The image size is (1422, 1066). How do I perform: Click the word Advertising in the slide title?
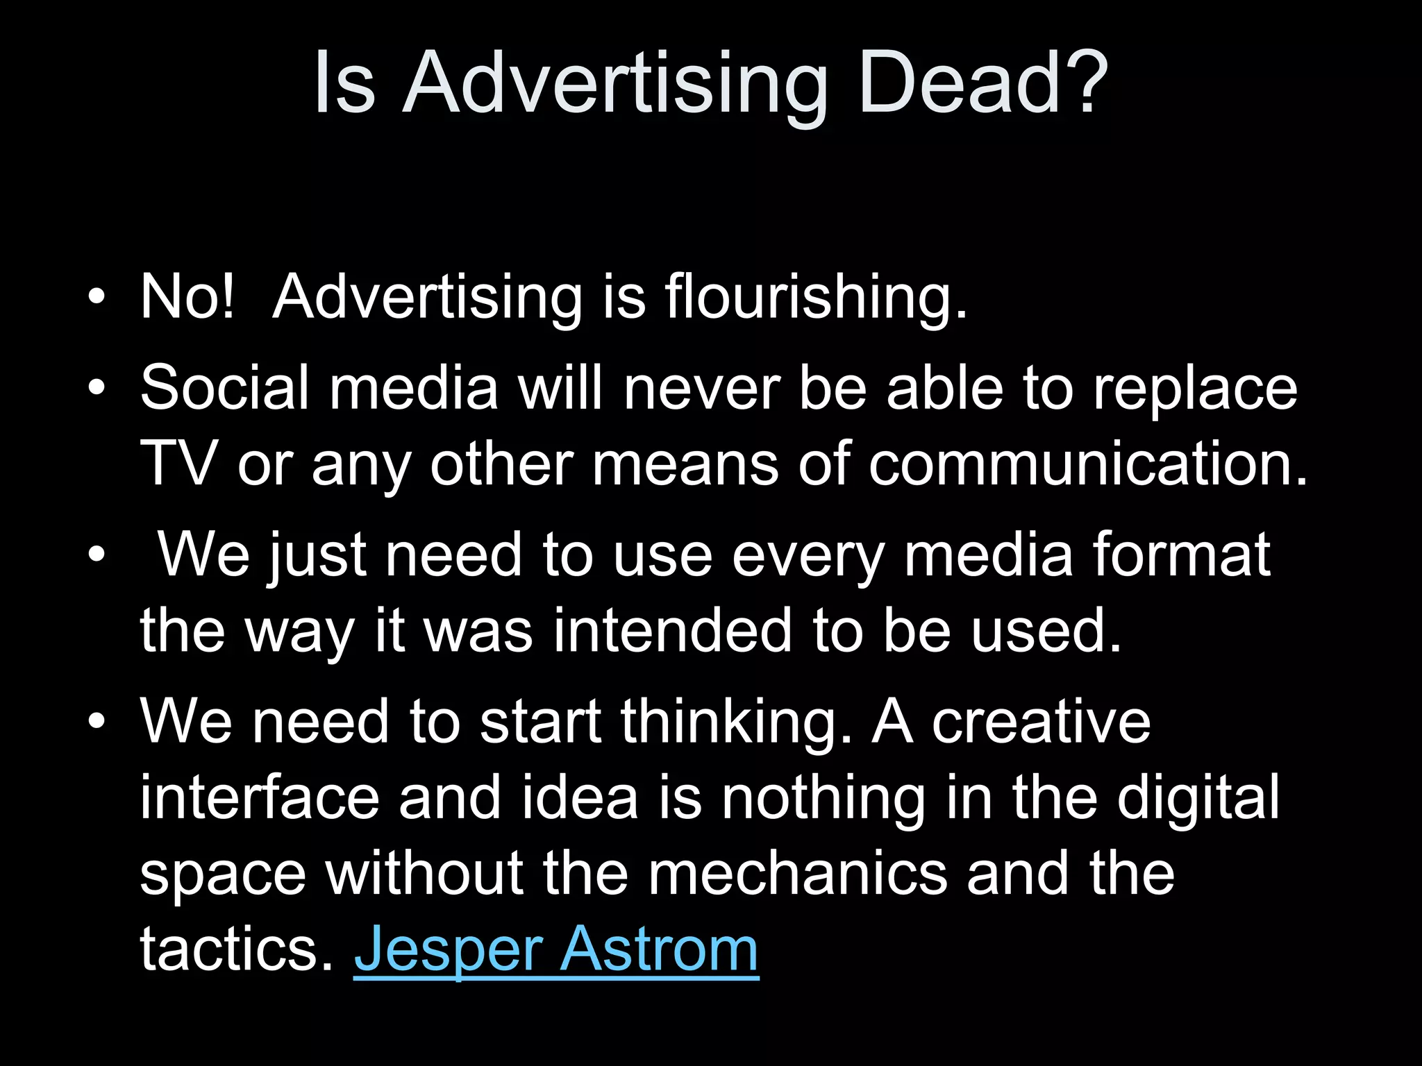(x=615, y=85)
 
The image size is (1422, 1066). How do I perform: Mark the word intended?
(x=672, y=631)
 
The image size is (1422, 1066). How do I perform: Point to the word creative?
(x=1041, y=722)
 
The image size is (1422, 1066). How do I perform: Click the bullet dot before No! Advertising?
(x=97, y=298)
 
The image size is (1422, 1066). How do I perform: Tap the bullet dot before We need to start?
(x=97, y=722)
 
